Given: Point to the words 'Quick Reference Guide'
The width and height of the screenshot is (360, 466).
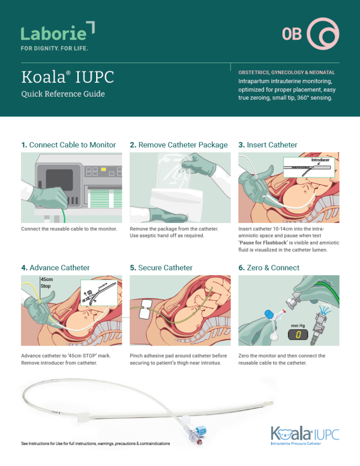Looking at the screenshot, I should (x=63, y=94).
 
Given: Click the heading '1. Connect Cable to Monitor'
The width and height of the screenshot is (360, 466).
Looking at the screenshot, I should (x=68, y=145).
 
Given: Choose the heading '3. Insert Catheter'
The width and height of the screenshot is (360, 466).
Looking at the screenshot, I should (x=268, y=145).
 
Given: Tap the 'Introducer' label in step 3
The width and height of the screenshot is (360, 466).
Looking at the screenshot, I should (x=321, y=160).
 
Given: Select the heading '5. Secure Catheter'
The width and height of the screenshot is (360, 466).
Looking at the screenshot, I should (x=161, y=267).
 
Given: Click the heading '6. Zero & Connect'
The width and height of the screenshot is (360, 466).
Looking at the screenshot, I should (x=269, y=267).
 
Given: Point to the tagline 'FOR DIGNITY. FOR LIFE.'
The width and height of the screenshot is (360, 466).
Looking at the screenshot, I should (x=54, y=48).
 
